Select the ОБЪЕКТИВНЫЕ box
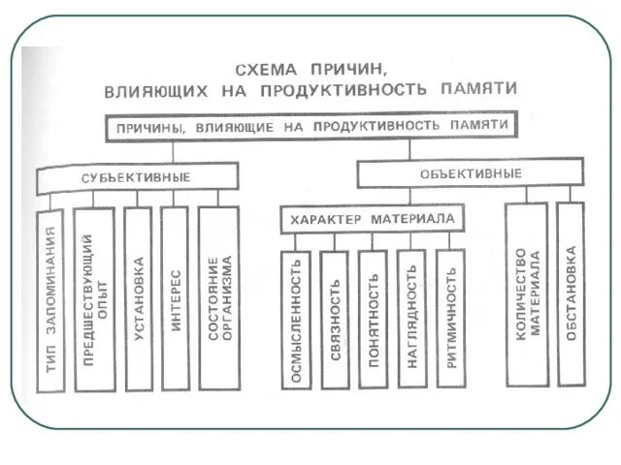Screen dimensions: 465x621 471,173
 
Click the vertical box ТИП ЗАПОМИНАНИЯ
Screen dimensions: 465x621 50,299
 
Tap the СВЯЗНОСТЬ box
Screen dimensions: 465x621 334,319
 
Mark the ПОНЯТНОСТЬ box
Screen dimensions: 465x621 373,319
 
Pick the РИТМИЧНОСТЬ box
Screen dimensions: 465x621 450,319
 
